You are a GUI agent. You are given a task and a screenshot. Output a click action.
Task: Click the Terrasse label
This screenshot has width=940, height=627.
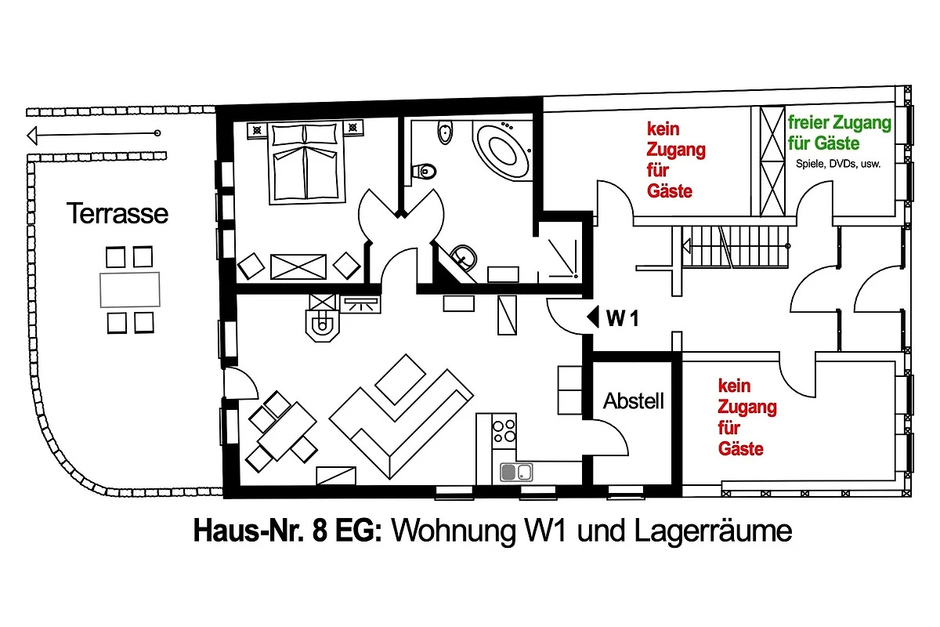pos(117,213)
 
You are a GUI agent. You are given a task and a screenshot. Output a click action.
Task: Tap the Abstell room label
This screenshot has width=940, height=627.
pos(634,401)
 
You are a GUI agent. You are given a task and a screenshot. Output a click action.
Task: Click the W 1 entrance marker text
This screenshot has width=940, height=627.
pos(623,318)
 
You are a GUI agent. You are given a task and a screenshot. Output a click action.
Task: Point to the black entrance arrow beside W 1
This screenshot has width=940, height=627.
pos(593,317)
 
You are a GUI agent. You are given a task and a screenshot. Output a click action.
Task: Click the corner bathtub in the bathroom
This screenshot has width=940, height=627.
pos(502,150)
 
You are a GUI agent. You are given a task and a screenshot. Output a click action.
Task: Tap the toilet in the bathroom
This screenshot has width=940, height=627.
pos(425,172)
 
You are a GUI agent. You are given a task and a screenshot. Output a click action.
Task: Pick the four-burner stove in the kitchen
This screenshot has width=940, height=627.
pos(504,430)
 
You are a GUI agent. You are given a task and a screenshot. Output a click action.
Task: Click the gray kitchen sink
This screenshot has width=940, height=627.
pos(516,473)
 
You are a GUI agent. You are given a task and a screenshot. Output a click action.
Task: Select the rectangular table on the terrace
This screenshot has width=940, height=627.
pos(130,290)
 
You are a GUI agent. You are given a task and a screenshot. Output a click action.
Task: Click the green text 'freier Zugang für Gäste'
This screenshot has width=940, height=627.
pos(839,132)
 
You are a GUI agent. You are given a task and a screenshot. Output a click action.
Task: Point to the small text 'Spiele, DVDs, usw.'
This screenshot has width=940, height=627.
pos(838,164)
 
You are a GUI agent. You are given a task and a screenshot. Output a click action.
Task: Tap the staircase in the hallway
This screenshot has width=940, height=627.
pos(736,247)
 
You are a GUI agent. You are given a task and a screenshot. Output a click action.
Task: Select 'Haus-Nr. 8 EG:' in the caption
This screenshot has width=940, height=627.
pos(287,531)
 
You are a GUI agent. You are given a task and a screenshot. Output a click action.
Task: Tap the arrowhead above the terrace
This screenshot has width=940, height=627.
pos(32,136)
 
